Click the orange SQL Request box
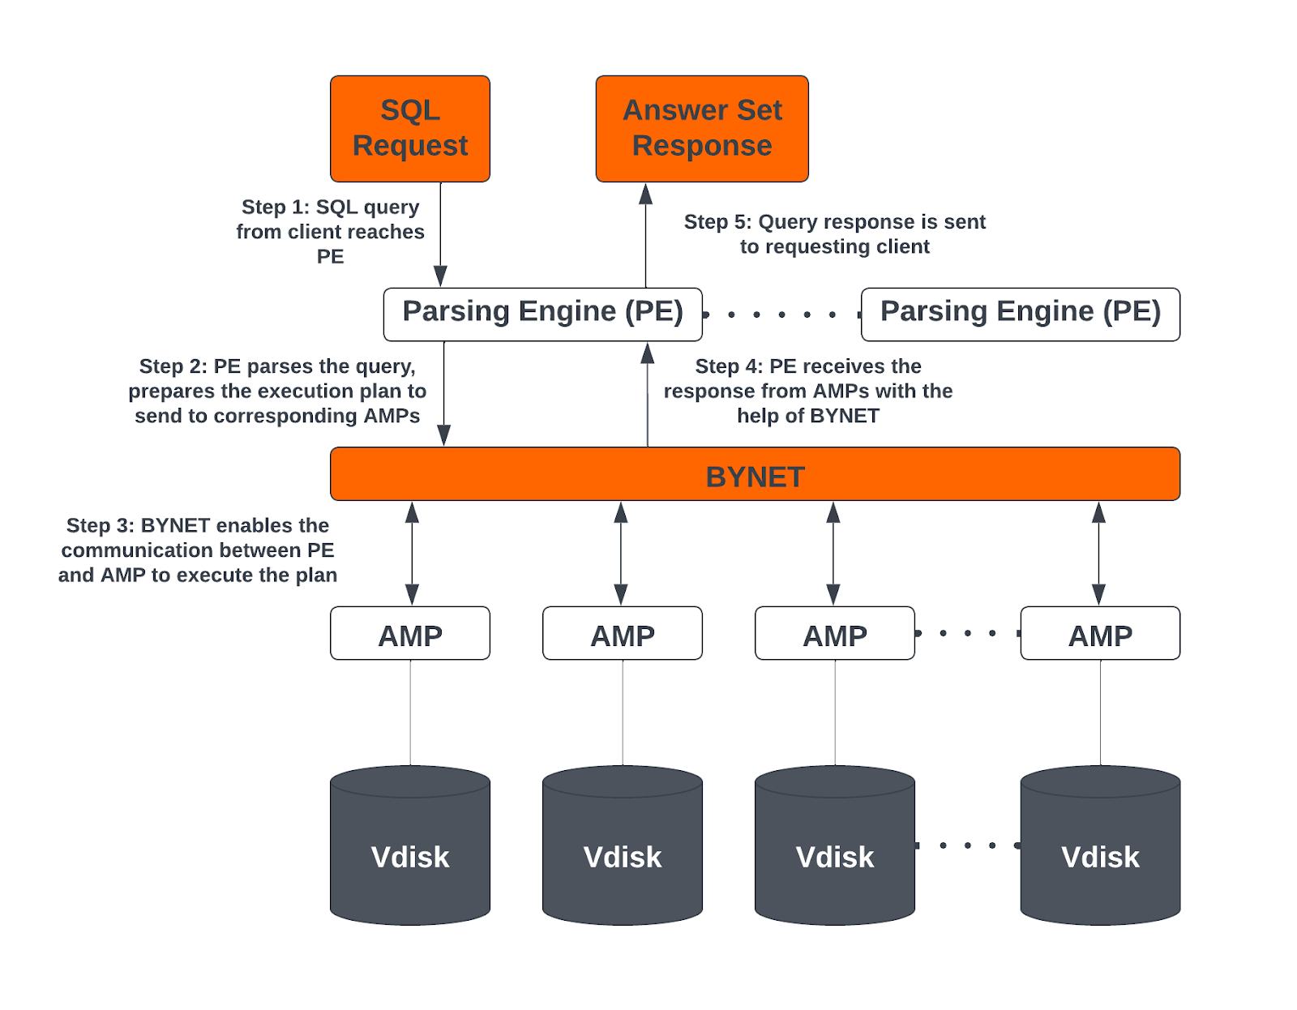(x=409, y=128)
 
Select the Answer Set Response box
(x=701, y=128)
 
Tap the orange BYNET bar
(x=755, y=474)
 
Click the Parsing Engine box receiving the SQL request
(x=542, y=314)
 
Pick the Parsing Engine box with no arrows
(x=1020, y=314)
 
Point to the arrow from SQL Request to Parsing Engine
(x=441, y=235)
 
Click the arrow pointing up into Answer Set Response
(x=646, y=235)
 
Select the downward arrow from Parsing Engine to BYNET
(x=444, y=394)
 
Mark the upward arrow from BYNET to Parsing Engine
(x=648, y=394)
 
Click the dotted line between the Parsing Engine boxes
(x=781, y=315)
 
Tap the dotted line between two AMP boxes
(x=967, y=633)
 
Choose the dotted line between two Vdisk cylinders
(x=967, y=845)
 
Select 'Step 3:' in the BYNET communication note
(x=101, y=525)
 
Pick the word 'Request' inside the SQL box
(x=410, y=146)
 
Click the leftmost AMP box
(x=409, y=634)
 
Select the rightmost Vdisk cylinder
(x=1100, y=845)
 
